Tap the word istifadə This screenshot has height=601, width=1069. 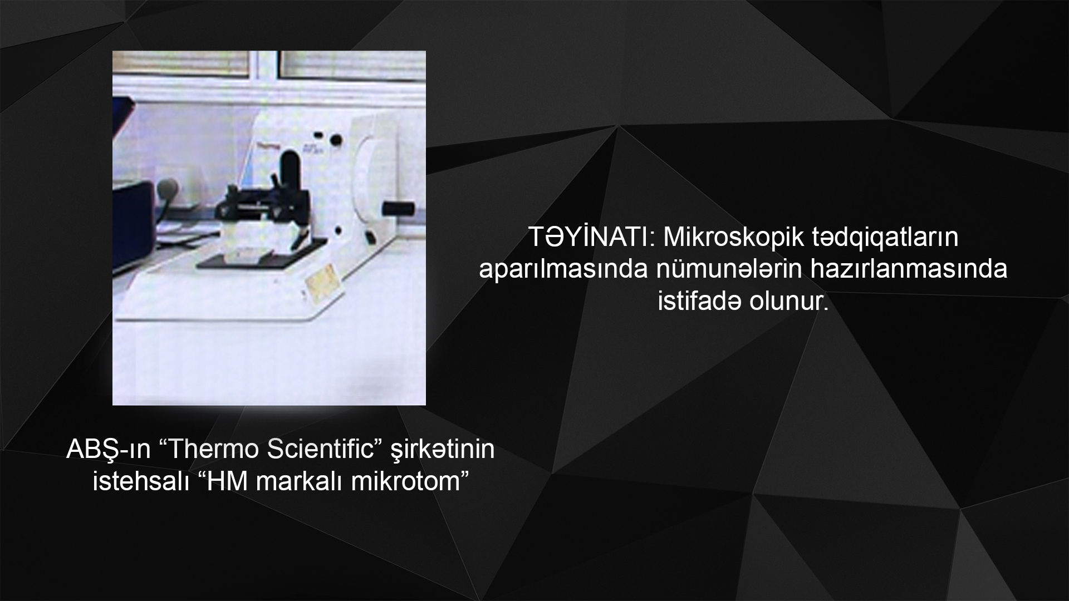coord(699,302)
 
